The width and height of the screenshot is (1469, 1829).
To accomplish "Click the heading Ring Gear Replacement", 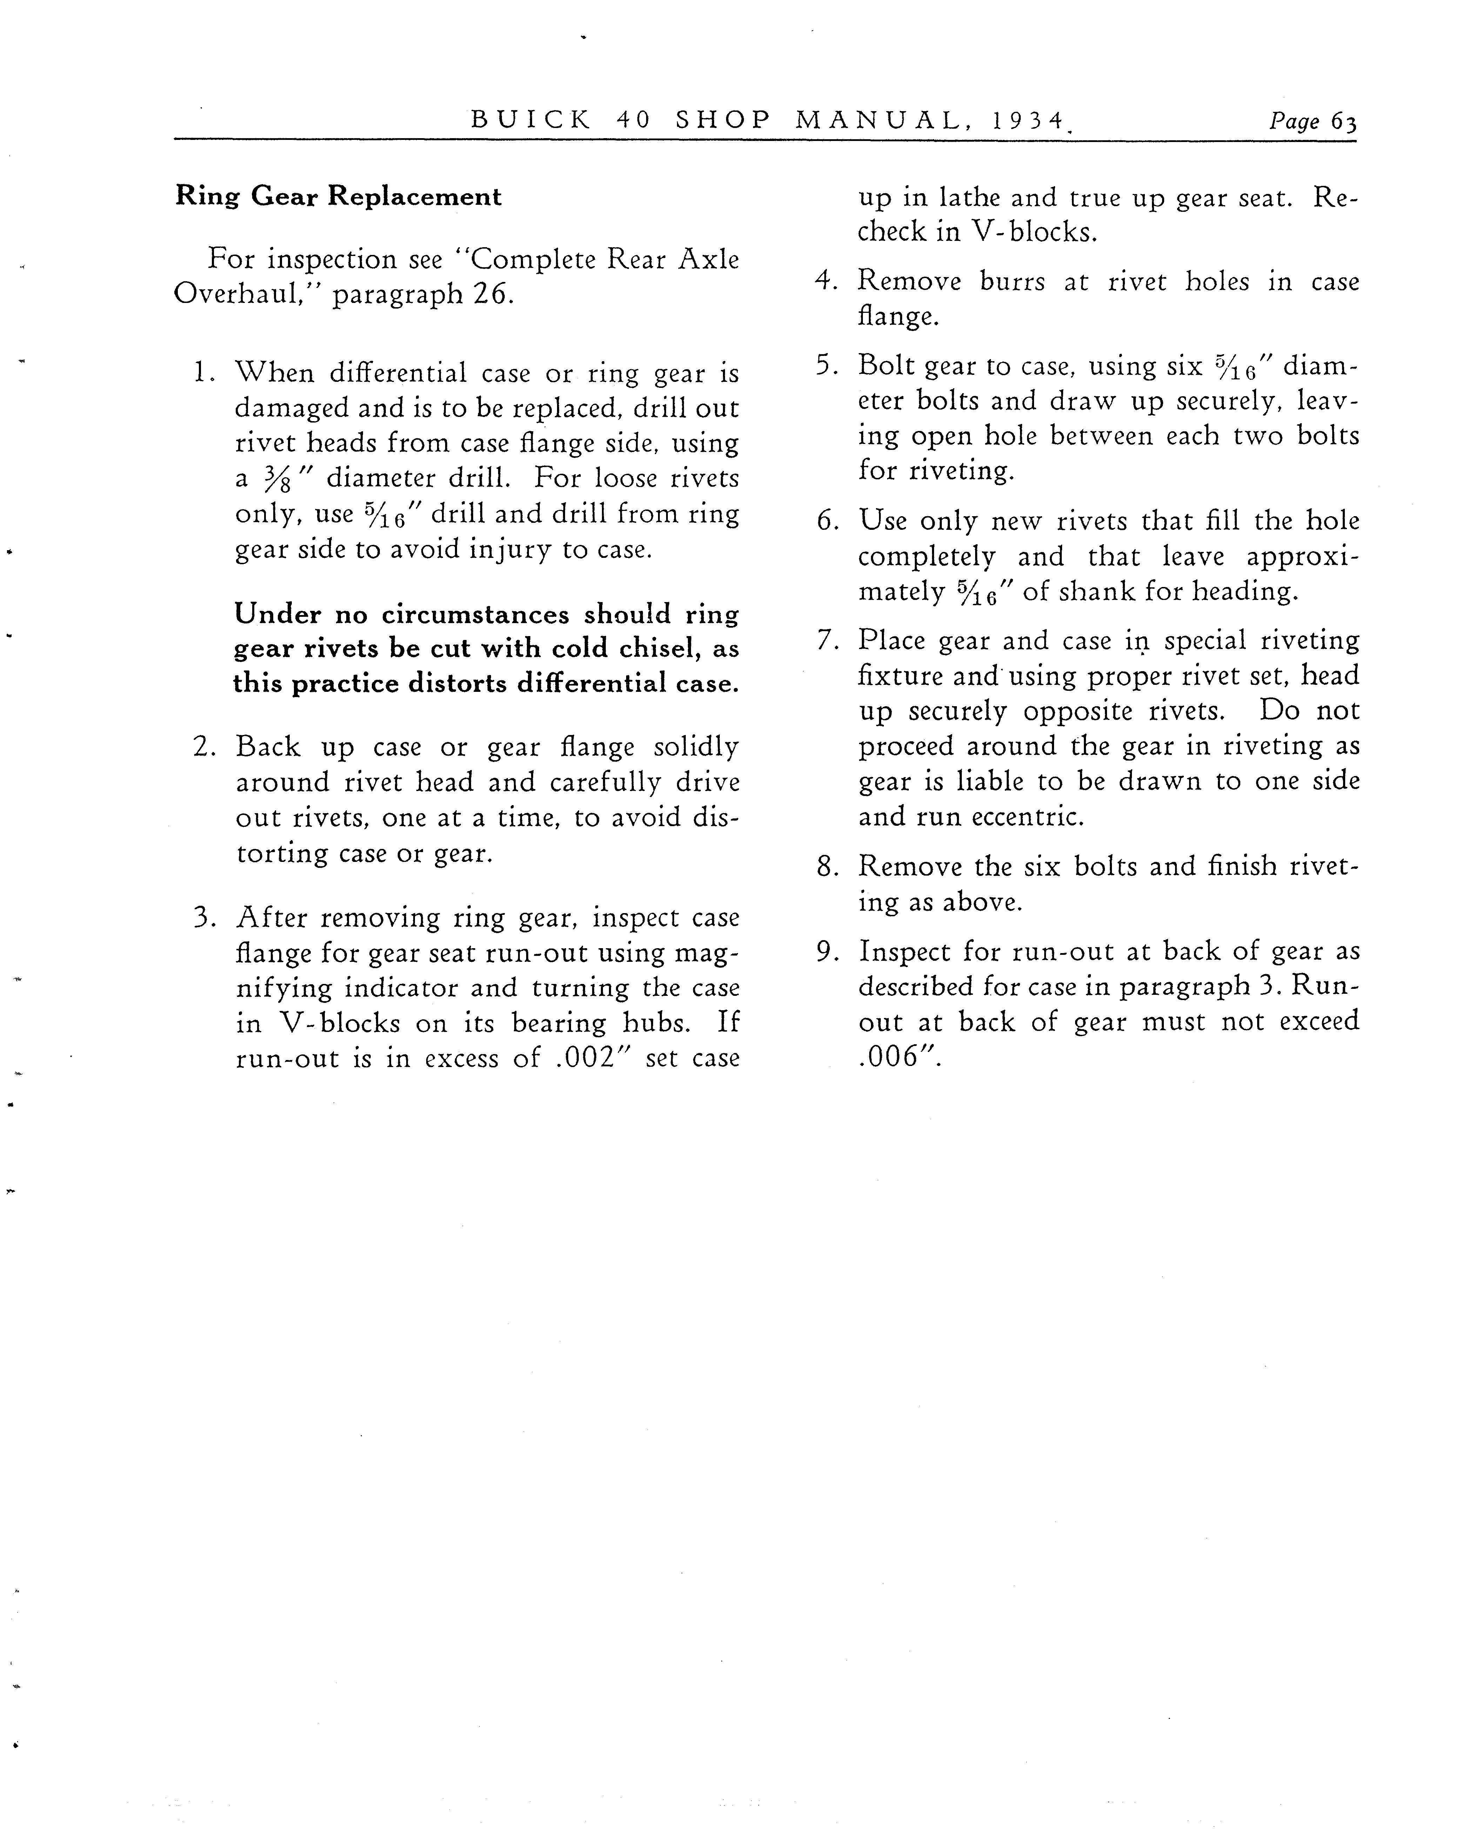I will click(x=338, y=197).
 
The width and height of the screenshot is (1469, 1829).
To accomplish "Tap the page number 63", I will click(x=1343, y=121).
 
